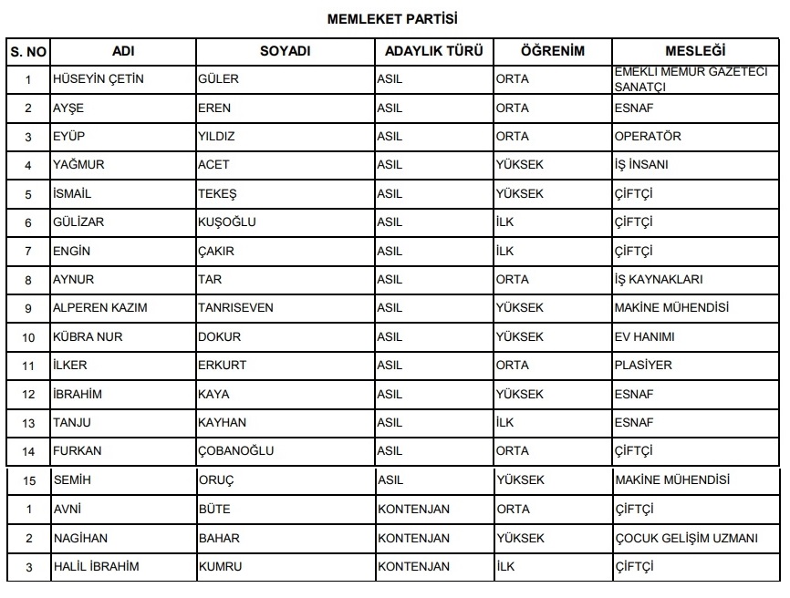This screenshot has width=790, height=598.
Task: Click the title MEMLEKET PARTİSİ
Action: click(x=392, y=17)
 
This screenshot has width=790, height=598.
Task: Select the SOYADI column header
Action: click(x=285, y=51)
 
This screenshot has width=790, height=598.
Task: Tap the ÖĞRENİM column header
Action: click(x=552, y=51)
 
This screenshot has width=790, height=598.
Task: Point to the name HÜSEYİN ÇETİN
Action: click(x=99, y=79)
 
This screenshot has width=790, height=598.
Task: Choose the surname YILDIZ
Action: click(x=216, y=137)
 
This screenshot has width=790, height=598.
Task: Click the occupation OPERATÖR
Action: click(x=648, y=137)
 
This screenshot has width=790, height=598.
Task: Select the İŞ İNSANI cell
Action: click(x=641, y=165)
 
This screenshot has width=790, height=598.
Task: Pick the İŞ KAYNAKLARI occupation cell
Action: click(x=659, y=280)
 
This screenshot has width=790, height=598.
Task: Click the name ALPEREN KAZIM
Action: click(x=100, y=308)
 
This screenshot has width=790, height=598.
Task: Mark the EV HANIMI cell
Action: click(x=645, y=337)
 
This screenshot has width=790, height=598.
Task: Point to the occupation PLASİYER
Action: click(x=643, y=366)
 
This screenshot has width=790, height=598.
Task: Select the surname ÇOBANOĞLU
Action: click(x=235, y=451)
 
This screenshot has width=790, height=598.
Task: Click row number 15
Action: click(x=28, y=480)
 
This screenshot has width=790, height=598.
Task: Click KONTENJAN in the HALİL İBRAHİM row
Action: click(x=413, y=567)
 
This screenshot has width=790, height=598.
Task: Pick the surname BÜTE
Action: click(x=214, y=510)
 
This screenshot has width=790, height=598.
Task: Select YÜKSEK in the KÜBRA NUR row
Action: click(x=519, y=337)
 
